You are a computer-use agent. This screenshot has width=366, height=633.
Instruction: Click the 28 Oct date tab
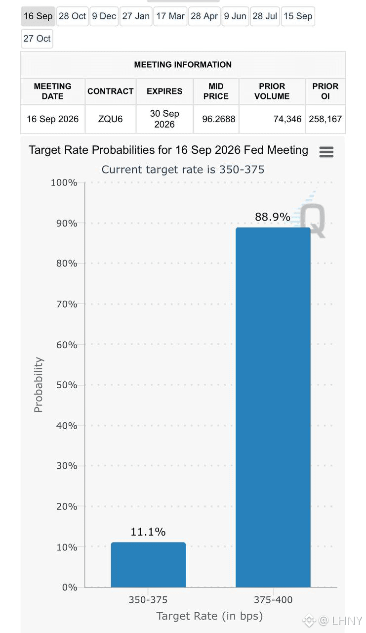pos(72,16)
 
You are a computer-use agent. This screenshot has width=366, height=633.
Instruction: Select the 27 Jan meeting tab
pos(136,16)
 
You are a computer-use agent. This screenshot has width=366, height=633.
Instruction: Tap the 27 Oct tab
pos(37,39)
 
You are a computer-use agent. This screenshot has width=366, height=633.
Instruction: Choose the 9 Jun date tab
pos(235,16)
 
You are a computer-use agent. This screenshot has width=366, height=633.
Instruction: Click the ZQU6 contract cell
pos(110,119)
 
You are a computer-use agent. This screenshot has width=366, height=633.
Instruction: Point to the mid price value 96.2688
pos(219,119)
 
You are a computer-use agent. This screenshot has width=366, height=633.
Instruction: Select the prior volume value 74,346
pos(287,119)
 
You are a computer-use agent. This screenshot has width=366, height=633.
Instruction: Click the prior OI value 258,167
pos(325,119)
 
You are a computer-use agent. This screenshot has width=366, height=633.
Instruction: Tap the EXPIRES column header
pos(164,91)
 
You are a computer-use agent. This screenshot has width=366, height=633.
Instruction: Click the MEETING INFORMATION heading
pos(183,64)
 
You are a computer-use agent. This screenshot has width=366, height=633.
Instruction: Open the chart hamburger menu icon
pos(326,152)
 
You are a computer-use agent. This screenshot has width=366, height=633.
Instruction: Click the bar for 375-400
pos(273,407)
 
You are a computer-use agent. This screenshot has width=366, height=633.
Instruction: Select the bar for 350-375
pos(148,565)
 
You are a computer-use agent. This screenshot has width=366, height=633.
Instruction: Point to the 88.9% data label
pos(273,217)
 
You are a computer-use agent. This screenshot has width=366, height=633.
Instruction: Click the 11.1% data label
pos(148,532)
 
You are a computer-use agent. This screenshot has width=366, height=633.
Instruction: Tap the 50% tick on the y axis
pos(67,385)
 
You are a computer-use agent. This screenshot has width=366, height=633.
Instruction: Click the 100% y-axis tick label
pos(64,182)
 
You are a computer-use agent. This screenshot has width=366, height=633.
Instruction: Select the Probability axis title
pos(38,385)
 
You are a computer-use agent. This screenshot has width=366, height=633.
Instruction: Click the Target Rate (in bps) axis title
pos(209,616)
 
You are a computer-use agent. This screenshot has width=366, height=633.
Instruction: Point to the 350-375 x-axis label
pos(148,600)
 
